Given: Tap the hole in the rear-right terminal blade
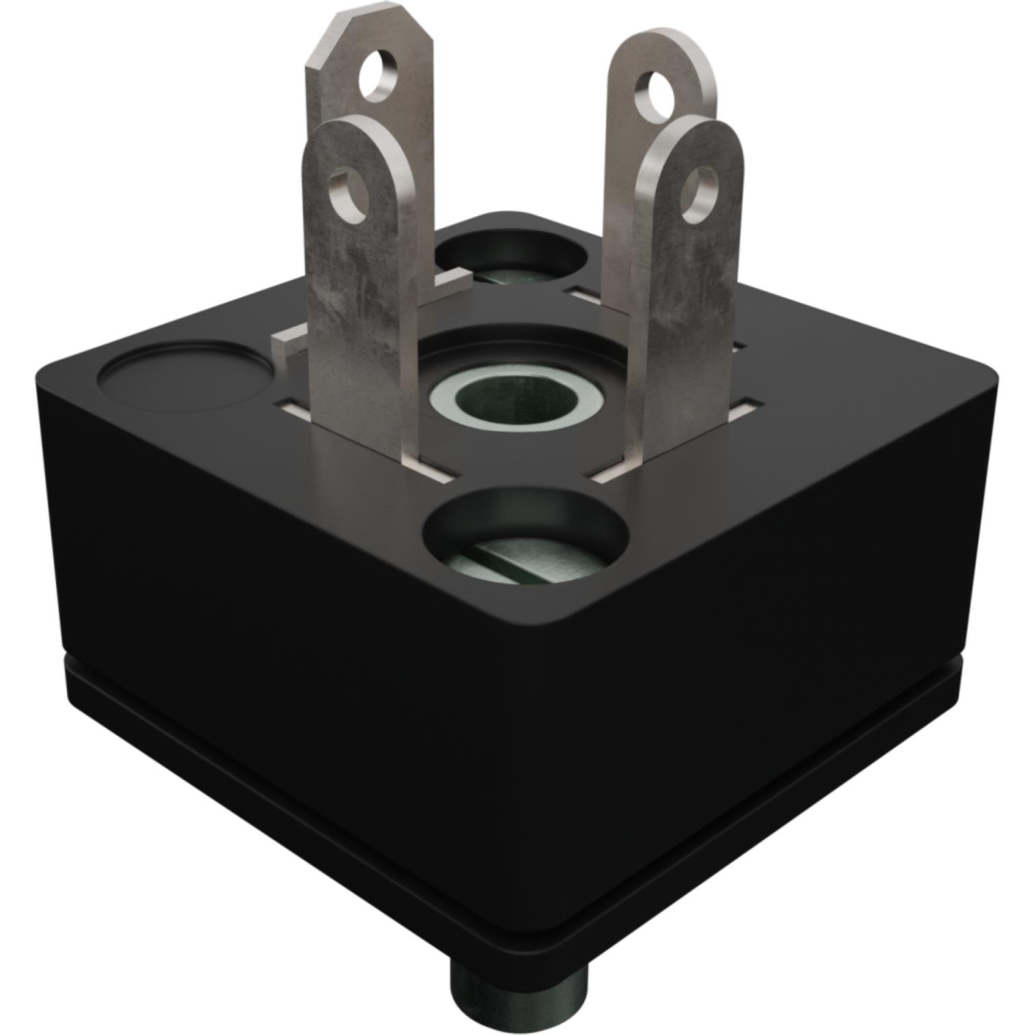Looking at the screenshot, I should [656, 92].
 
